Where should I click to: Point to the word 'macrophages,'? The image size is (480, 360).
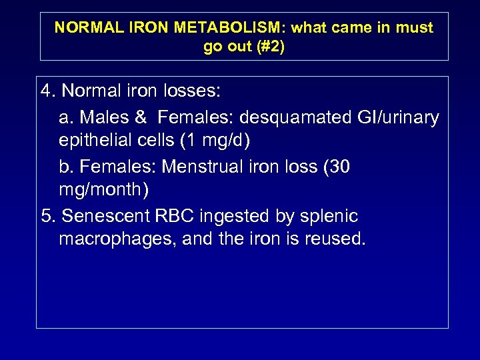[x=117, y=240]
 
